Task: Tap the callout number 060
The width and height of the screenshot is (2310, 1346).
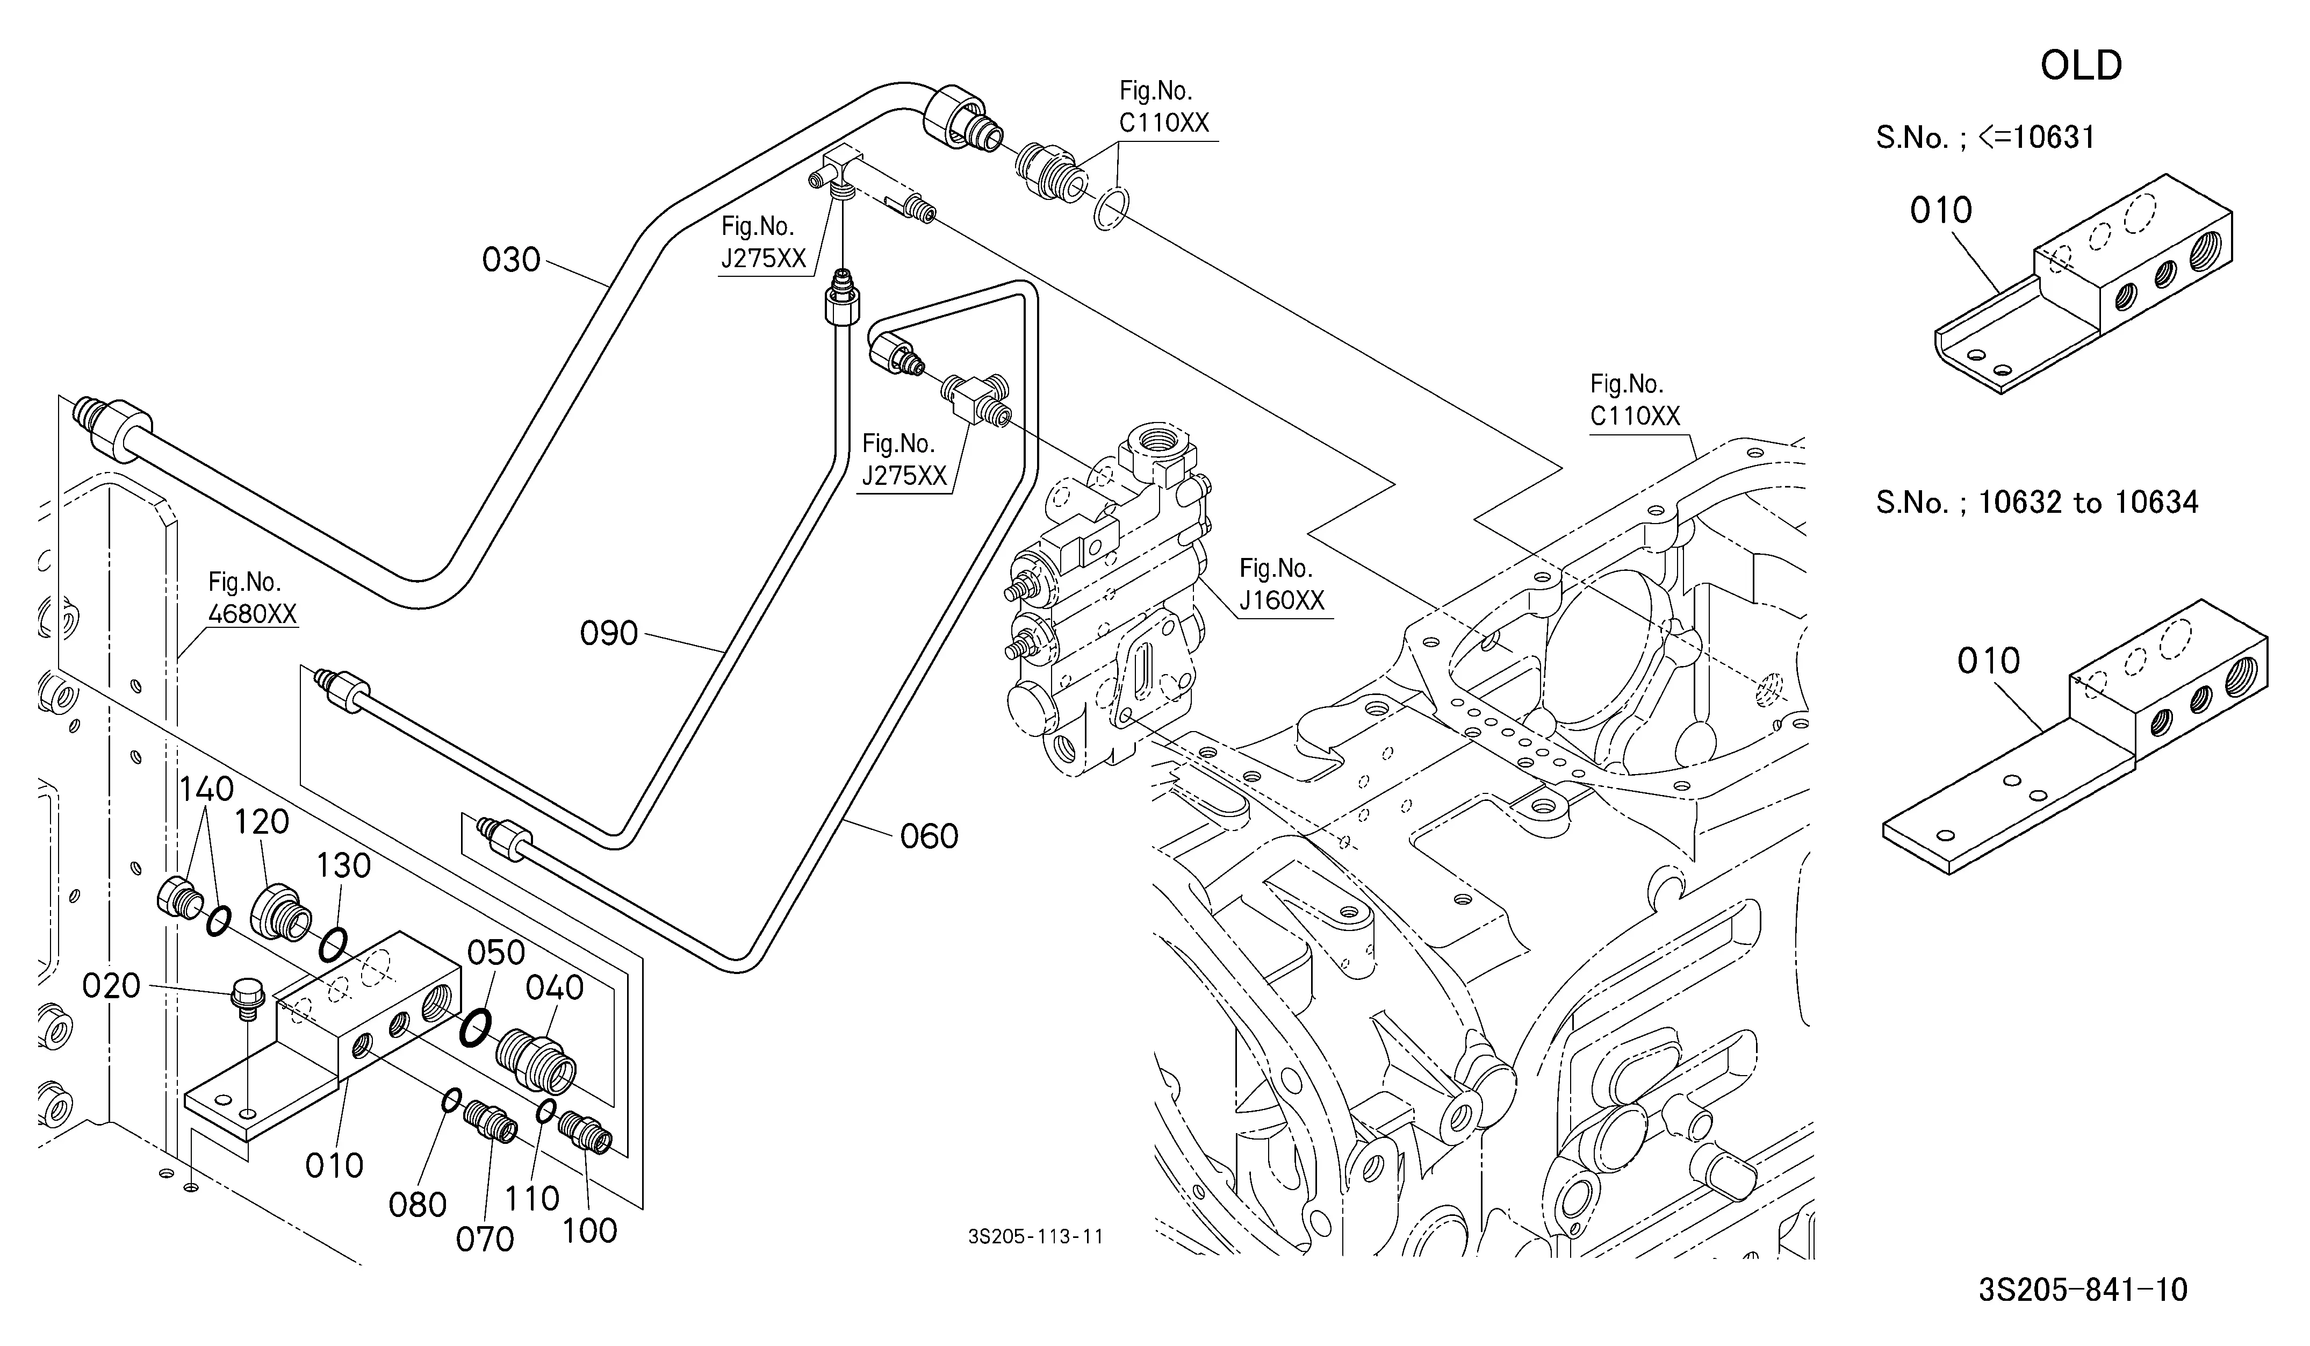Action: point(929,836)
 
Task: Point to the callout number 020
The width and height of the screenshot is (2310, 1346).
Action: point(111,986)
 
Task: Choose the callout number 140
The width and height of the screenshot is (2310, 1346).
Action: point(206,790)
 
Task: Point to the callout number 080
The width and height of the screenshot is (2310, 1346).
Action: point(417,1205)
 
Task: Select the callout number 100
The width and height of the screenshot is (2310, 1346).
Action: point(589,1230)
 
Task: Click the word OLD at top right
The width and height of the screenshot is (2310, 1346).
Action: point(2081,66)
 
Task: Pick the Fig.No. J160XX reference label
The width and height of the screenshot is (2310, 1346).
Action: point(1282,584)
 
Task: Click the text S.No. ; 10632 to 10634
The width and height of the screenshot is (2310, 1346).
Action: point(2037,503)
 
